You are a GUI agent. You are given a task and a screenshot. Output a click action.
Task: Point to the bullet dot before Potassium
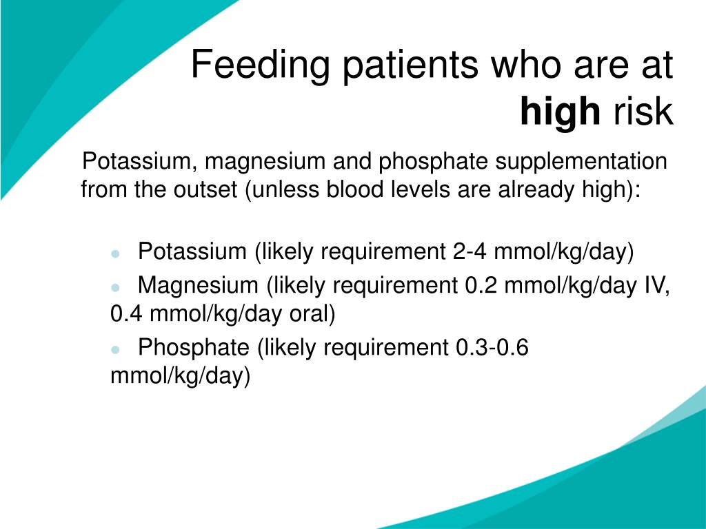point(115,253)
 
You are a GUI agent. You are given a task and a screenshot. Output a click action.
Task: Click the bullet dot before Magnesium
point(115,287)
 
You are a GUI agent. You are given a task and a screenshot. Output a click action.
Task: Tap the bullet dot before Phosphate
point(115,349)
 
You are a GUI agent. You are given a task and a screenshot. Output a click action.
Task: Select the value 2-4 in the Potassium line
point(470,251)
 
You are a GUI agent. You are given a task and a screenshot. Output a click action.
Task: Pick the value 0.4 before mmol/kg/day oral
point(127,313)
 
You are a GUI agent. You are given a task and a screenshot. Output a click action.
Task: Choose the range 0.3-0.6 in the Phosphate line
point(492,347)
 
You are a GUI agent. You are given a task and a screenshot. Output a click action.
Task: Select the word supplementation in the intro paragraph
point(581,162)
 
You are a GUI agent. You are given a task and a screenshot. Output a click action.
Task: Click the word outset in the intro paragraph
point(205,189)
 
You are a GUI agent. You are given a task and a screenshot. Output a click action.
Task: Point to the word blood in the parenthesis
point(354,189)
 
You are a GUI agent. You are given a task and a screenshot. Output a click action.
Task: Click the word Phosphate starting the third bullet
point(194,347)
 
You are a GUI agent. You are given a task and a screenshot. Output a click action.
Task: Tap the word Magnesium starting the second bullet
point(198,286)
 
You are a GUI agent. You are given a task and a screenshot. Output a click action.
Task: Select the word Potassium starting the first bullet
point(192,251)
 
